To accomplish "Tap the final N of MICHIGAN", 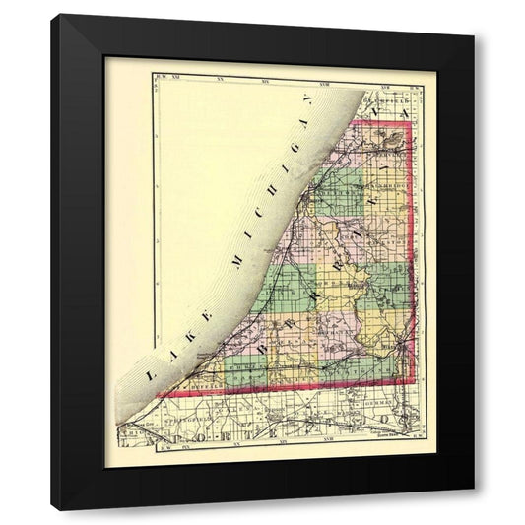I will click(x=307, y=102).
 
